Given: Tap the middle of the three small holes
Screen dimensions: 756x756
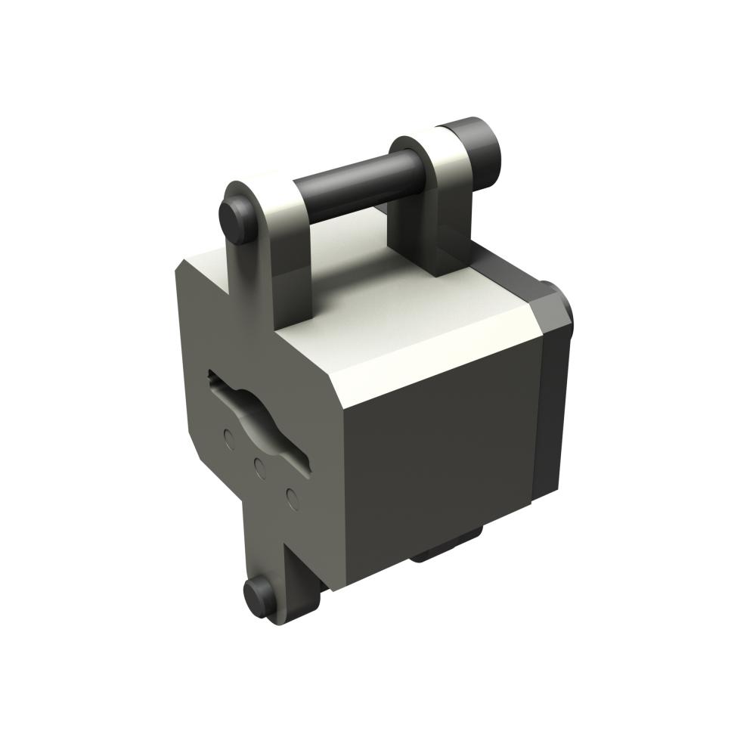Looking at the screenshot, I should pos(259,466).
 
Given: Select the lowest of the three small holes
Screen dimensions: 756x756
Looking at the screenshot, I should pos(291,497).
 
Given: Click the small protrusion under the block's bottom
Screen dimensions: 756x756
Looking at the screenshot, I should pos(446,548).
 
